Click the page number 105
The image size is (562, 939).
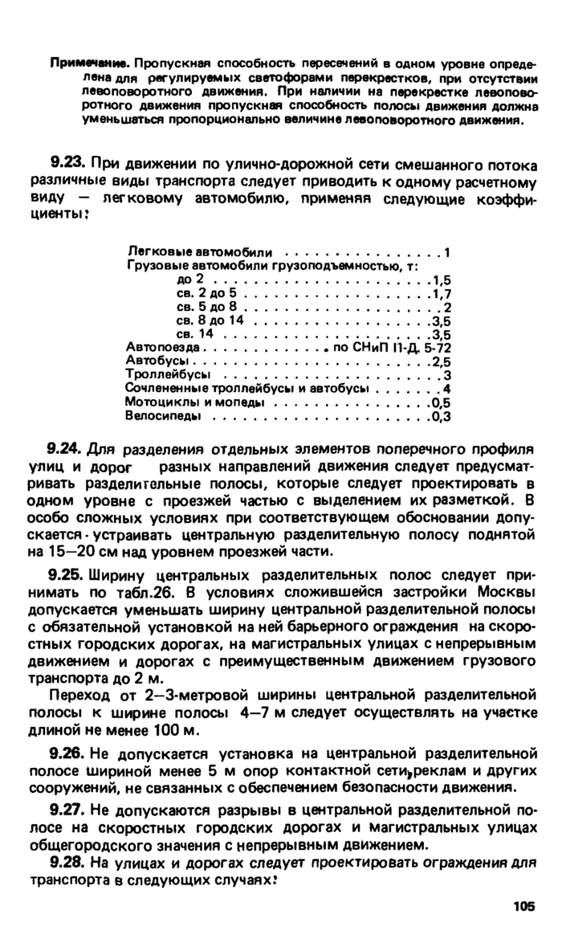[x=523, y=907]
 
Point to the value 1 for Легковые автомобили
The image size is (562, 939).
[x=446, y=253]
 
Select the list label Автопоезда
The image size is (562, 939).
[x=156, y=348]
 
